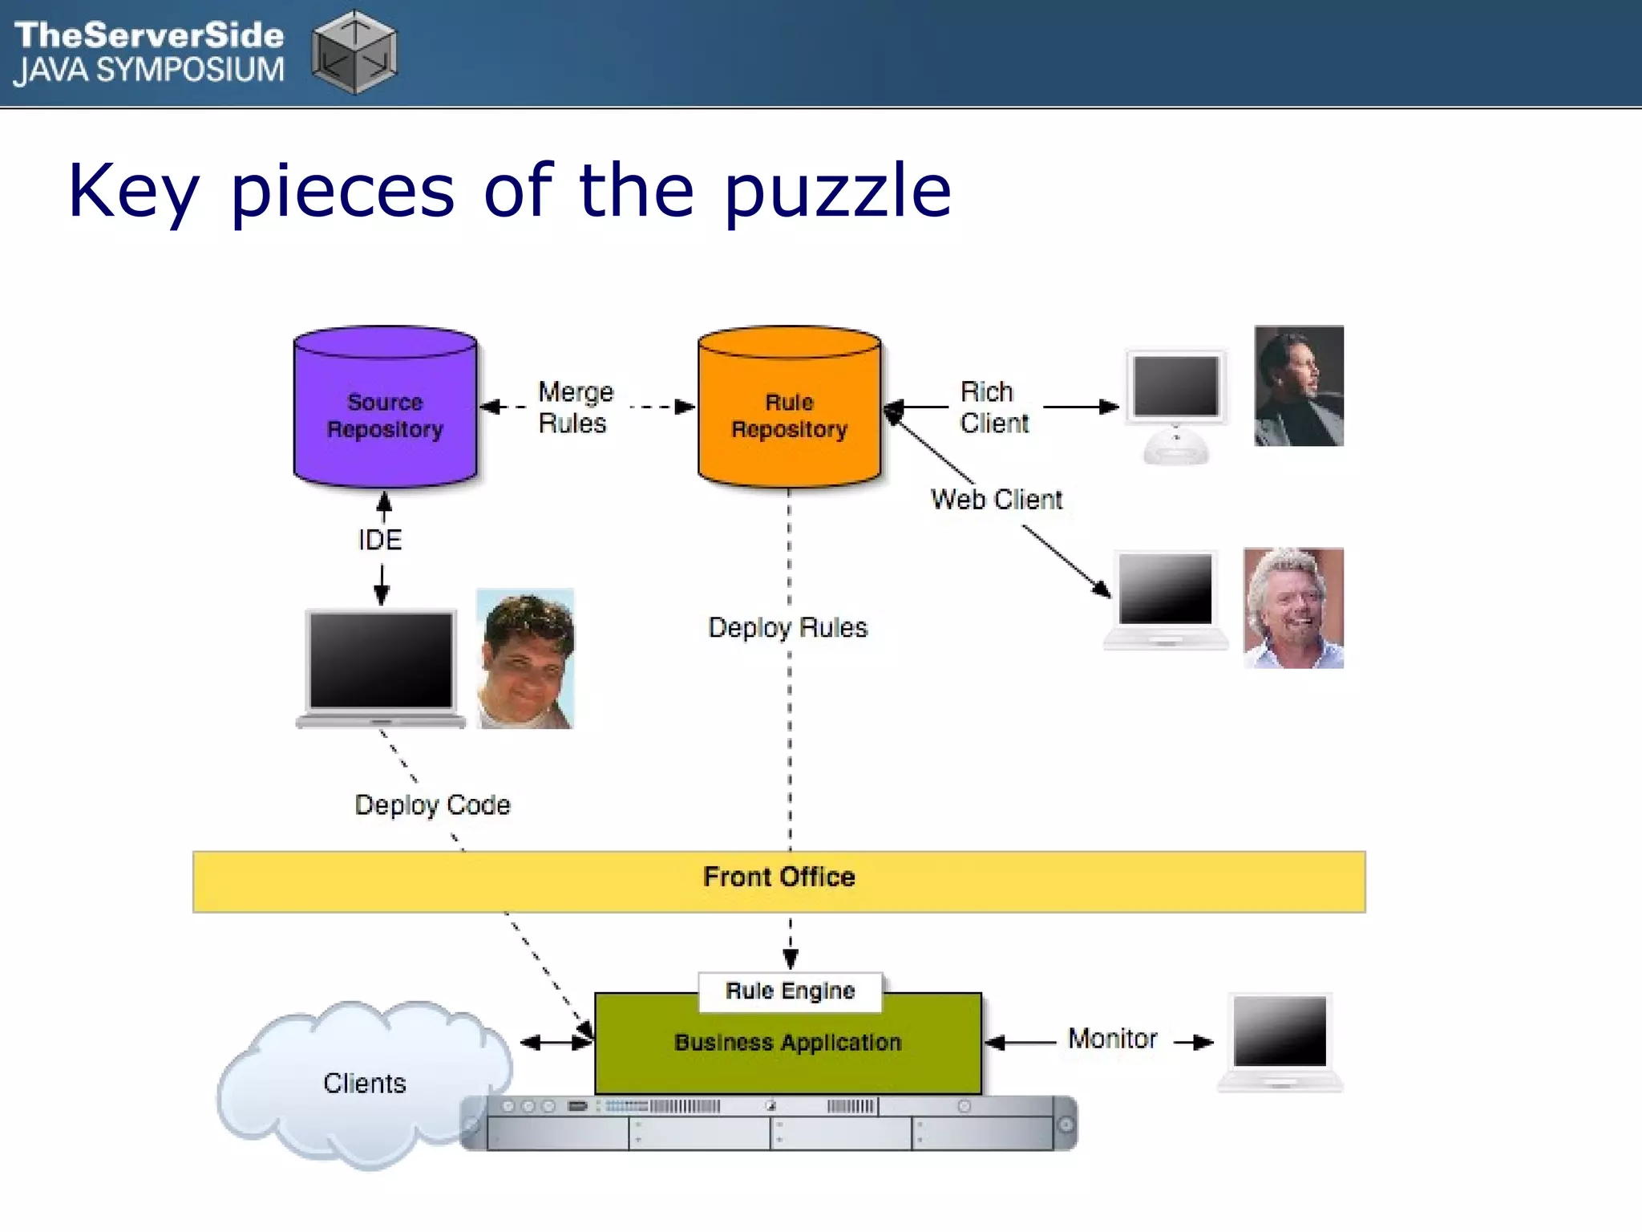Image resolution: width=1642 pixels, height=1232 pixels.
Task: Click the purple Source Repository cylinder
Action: tap(385, 409)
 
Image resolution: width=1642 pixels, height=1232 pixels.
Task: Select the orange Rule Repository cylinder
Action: tap(790, 409)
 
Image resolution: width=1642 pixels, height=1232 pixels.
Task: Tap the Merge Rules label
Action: tap(574, 407)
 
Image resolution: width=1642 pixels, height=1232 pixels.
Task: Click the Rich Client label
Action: tap(993, 407)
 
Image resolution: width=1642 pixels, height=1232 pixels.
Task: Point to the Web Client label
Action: tap(996, 500)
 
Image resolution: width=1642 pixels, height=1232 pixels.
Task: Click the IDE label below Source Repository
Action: tap(380, 540)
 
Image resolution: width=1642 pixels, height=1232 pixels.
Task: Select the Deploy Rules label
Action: tap(787, 627)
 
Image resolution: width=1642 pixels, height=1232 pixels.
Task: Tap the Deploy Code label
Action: tap(432, 804)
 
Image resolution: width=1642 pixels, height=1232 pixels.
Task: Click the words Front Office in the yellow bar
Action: tap(779, 877)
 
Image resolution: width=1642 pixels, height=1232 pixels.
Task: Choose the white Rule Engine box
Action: tap(790, 991)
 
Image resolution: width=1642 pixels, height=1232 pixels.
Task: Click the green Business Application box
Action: tap(788, 1051)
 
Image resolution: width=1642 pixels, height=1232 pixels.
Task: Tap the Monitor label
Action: tap(1112, 1039)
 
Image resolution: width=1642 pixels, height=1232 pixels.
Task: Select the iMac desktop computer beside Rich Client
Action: tap(1176, 405)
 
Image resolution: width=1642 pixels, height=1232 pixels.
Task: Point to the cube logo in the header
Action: tap(354, 52)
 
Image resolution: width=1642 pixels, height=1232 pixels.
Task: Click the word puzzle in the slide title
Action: tap(837, 192)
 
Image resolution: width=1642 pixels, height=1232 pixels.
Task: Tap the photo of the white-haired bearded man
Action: tap(1292, 608)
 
